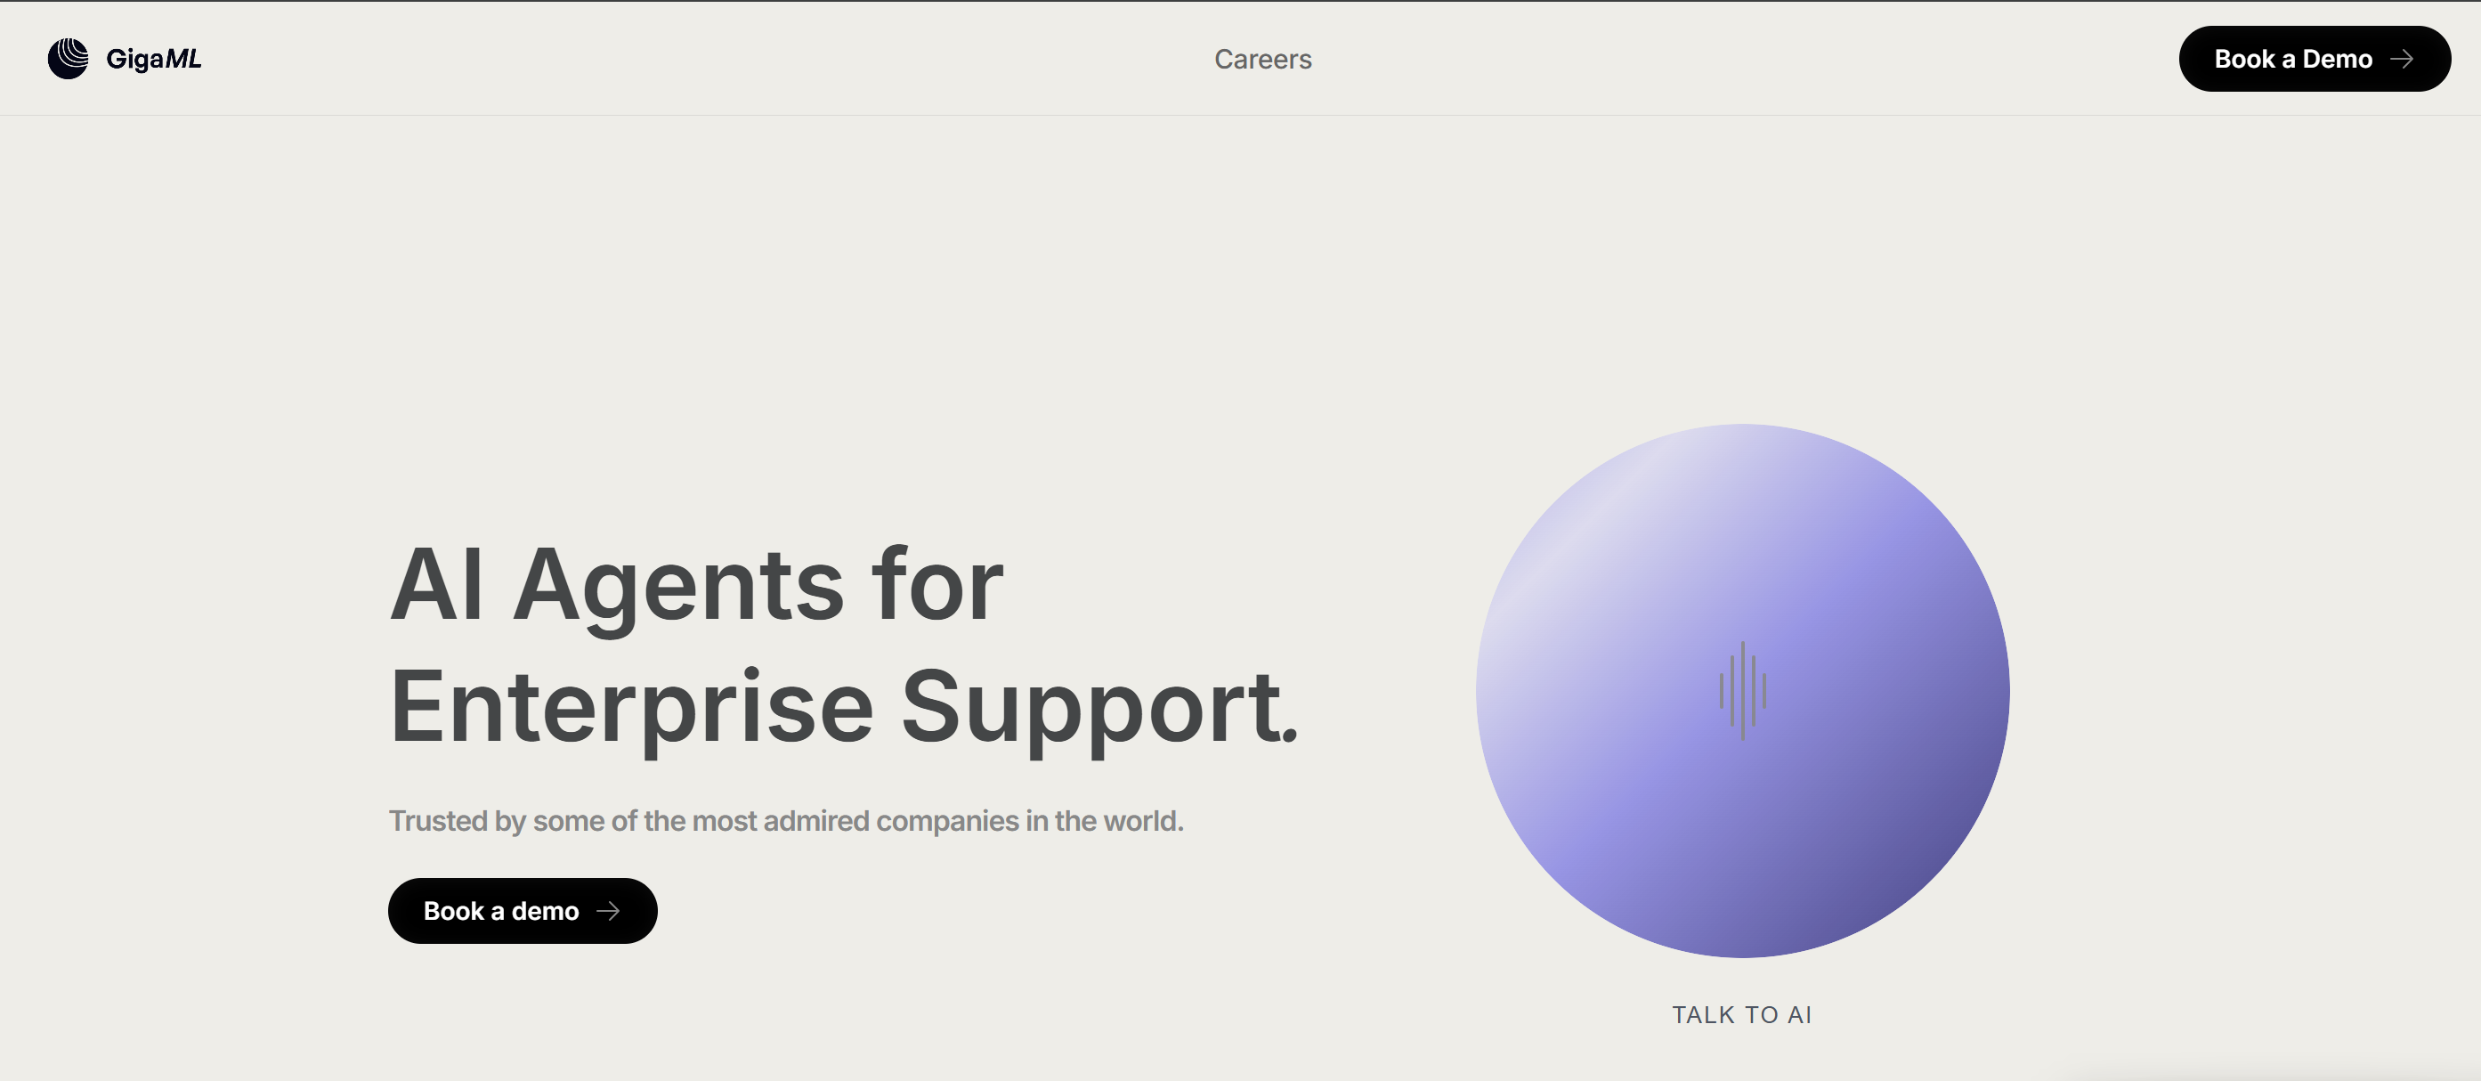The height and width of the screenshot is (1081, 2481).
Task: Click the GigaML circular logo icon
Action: click(x=69, y=59)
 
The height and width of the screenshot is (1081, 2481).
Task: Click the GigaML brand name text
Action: click(x=154, y=60)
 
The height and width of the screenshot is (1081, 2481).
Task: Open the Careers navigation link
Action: click(x=1262, y=59)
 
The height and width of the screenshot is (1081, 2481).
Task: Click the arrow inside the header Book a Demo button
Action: click(x=2402, y=59)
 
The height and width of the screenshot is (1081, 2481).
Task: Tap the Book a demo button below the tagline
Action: click(x=523, y=910)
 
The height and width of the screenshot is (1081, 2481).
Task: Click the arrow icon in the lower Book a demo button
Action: click(x=608, y=910)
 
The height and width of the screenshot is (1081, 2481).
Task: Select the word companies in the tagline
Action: click(x=947, y=821)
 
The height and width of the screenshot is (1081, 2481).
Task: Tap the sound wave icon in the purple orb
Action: click(x=1742, y=691)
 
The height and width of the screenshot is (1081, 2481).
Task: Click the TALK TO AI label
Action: click(x=1741, y=1014)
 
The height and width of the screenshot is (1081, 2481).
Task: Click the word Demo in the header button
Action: click(x=2337, y=59)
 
